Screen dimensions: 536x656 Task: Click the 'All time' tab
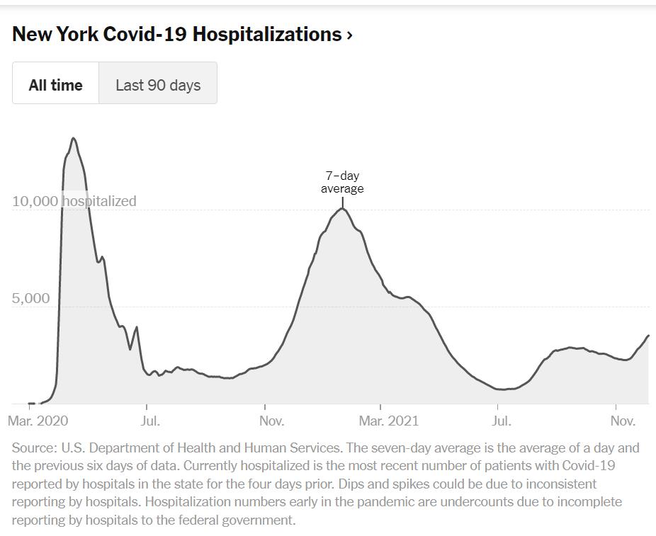[55, 85]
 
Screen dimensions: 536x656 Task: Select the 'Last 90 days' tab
[158, 85]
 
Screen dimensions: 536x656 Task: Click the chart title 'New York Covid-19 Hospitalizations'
[177, 34]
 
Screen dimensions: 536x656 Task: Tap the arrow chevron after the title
[350, 35]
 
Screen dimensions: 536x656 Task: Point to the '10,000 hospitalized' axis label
[74, 201]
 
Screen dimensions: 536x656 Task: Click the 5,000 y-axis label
[30, 298]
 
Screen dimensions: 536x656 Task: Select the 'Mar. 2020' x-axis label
[38, 421]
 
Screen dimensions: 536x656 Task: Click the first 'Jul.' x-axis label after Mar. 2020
[150, 421]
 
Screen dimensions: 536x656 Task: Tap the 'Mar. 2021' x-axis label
[388, 421]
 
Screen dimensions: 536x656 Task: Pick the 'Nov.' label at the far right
[623, 421]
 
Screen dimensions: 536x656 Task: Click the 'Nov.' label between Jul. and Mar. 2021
[271, 421]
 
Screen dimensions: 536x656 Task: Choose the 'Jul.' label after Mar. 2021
[501, 421]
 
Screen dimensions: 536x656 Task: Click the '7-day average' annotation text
[342, 182]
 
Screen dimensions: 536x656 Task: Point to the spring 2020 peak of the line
[74, 138]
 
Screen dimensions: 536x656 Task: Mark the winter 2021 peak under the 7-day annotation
[343, 208]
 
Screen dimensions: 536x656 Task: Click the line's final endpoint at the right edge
[648, 336]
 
